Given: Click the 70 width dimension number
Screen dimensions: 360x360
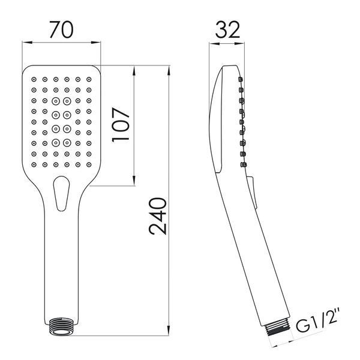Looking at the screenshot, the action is click(x=61, y=29).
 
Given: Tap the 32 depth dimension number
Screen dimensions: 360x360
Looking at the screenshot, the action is click(x=227, y=29).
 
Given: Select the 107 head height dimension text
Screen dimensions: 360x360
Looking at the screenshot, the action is click(x=121, y=125).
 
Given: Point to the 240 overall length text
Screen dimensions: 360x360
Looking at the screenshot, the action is click(x=157, y=216).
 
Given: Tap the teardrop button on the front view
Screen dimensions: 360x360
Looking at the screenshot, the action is click(x=61, y=193).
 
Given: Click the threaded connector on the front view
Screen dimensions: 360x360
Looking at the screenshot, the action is click(x=61, y=327).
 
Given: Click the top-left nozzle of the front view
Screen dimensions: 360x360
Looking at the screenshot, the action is click(x=34, y=79).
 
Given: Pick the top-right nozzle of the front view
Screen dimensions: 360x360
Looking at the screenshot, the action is click(x=89, y=79).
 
